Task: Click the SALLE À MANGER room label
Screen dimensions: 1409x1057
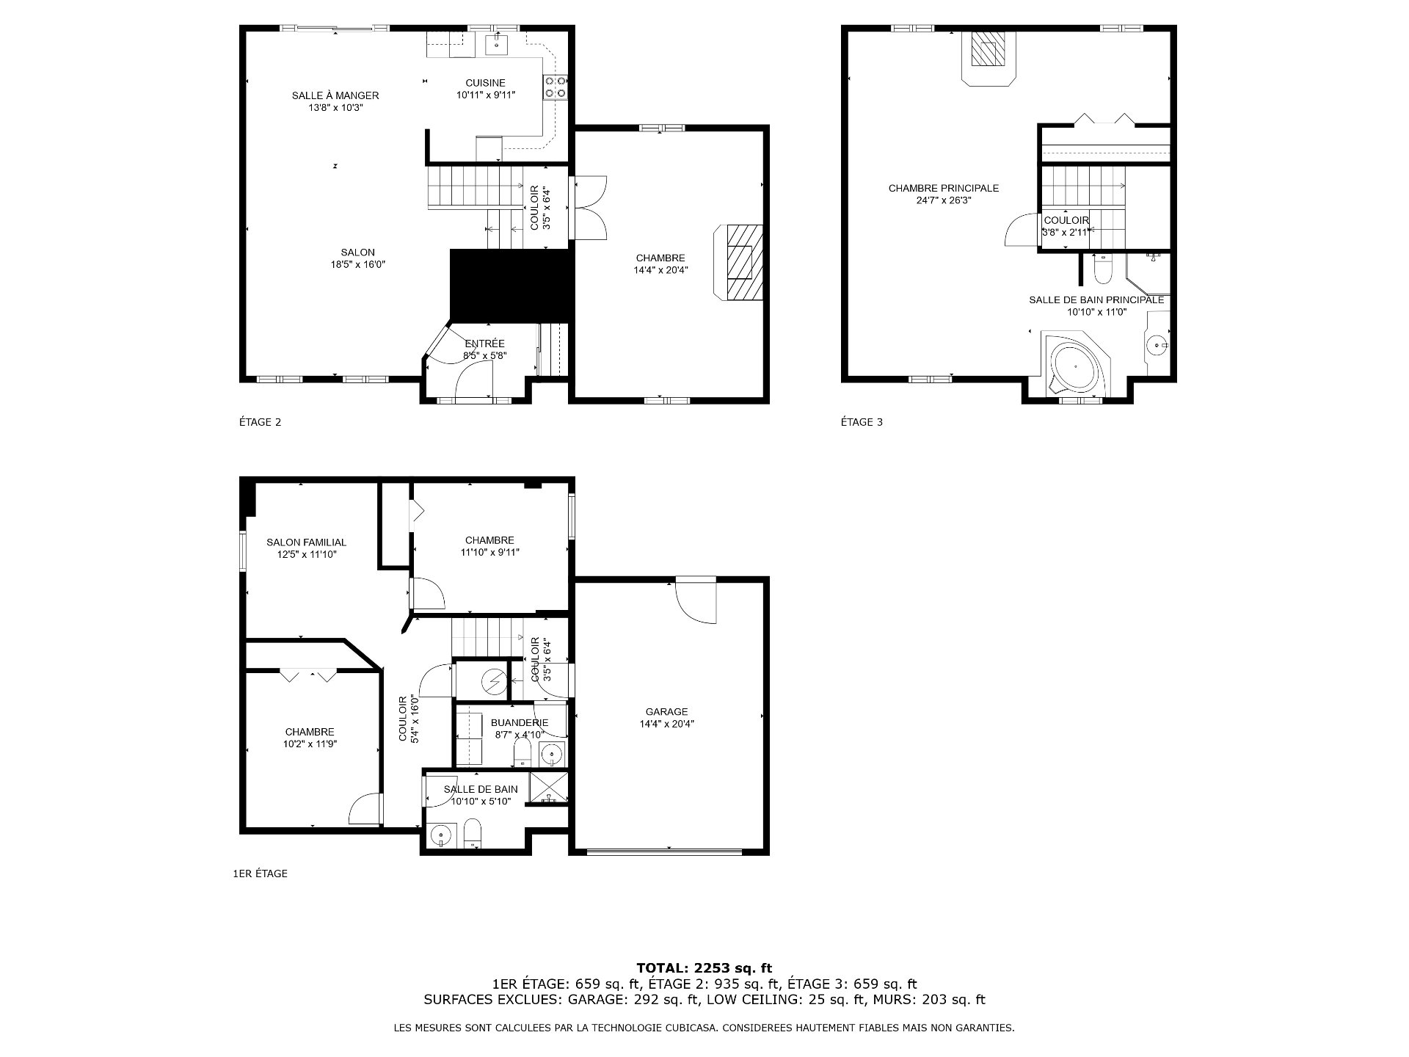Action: (x=335, y=95)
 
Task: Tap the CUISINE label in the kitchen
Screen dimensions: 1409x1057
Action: (x=485, y=83)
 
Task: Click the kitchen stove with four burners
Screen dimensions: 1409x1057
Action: (x=555, y=87)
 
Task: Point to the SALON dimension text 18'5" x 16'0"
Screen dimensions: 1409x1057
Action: (x=357, y=264)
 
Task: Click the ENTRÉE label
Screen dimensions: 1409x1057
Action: (x=484, y=344)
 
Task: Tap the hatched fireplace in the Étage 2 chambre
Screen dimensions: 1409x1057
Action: (x=739, y=262)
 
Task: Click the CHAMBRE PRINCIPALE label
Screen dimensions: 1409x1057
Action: (x=943, y=188)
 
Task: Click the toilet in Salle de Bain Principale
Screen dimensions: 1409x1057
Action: (x=1102, y=270)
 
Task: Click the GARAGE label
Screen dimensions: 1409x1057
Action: (x=666, y=711)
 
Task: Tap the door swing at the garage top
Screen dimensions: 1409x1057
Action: (x=695, y=600)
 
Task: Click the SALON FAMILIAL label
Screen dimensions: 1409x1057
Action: (x=306, y=542)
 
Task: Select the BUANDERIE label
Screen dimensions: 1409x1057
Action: (x=520, y=723)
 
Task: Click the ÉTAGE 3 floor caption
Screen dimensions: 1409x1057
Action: (x=862, y=422)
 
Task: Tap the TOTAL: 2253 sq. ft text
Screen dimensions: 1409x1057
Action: (x=704, y=968)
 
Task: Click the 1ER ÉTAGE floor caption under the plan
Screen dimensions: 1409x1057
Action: (x=260, y=873)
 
